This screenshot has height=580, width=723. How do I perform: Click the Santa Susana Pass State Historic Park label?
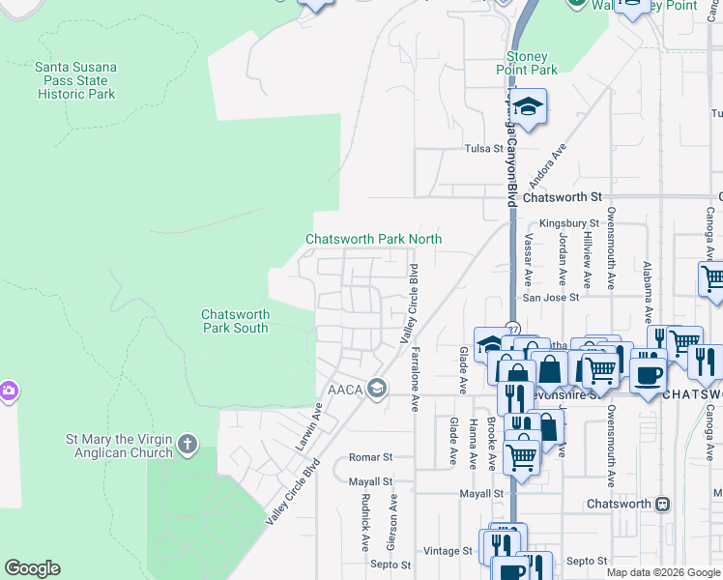(x=76, y=80)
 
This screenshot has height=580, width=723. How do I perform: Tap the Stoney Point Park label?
(x=532, y=63)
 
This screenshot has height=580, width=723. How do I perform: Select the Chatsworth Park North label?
(x=373, y=239)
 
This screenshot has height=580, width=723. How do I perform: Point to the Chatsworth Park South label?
(x=235, y=321)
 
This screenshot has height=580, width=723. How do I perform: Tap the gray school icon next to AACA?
(x=376, y=389)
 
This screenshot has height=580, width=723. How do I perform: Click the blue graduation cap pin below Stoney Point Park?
(x=529, y=108)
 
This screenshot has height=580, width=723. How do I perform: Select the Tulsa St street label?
(x=484, y=150)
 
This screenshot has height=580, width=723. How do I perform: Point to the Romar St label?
(x=371, y=456)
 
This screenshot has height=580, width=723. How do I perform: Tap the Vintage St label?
(x=448, y=551)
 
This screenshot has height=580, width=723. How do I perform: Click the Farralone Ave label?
(x=417, y=380)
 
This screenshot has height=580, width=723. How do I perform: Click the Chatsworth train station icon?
(x=663, y=505)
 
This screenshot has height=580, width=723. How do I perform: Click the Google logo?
(x=32, y=568)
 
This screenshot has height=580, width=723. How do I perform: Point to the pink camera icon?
(x=7, y=391)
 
